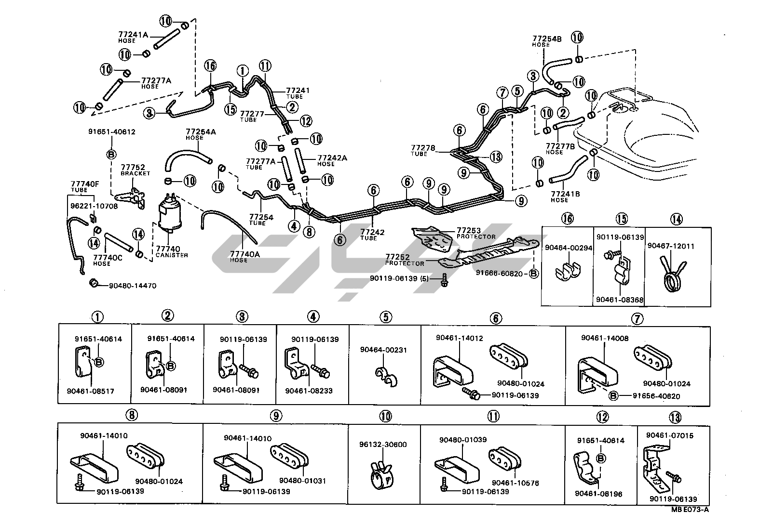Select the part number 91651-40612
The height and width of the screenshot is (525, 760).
point(111,131)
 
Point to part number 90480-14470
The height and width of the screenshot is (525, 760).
point(132,286)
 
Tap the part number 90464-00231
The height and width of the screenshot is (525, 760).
point(383,350)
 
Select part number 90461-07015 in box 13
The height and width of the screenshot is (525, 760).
point(669,436)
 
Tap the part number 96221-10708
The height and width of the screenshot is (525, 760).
point(94,206)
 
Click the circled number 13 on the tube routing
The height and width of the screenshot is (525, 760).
point(496,157)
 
